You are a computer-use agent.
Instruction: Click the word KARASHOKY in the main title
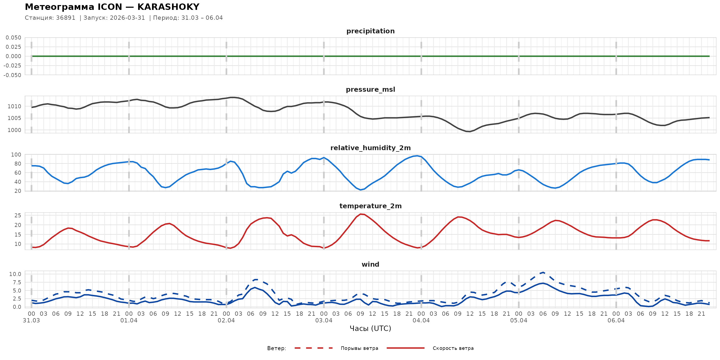coord(168,7)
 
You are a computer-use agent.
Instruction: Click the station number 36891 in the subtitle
coord(66,18)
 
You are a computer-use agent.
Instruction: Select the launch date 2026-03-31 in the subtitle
coord(127,18)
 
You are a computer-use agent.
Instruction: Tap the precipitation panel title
coord(370,31)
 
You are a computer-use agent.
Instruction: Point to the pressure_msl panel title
coord(370,89)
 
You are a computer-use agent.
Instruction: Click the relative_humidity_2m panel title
coord(370,148)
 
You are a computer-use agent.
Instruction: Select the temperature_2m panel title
coord(370,206)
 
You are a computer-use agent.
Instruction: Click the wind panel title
coord(370,265)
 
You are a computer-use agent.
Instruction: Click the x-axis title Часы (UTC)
coord(370,329)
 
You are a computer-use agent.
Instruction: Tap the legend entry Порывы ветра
coord(359,348)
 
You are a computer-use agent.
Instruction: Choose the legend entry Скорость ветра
coord(453,348)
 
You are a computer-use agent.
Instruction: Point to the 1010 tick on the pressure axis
coord(14,106)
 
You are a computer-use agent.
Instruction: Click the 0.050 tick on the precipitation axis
coord(13,38)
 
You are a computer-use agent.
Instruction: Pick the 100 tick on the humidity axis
coord(16,155)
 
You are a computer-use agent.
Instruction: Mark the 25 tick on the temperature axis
coord(18,215)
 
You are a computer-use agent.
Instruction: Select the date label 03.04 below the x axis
coord(324,321)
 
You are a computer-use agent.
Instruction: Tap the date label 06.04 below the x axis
coord(616,321)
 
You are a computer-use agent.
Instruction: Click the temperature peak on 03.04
coord(361,214)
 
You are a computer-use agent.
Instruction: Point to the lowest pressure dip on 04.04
coord(470,131)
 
